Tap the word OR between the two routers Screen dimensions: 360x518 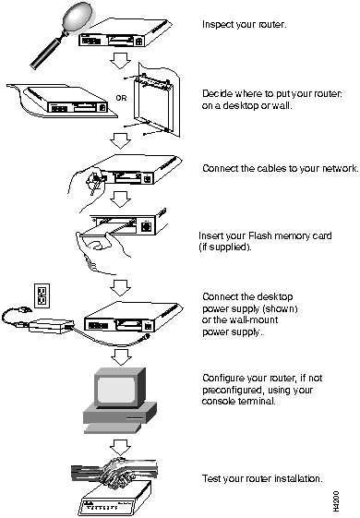[121, 98]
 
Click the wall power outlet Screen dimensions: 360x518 [42, 295]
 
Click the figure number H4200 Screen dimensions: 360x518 [336, 500]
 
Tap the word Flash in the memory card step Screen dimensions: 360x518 [260, 235]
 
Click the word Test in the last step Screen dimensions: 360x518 [211, 478]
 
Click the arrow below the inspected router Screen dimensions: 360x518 [120, 60]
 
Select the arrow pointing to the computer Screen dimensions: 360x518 [121, 356]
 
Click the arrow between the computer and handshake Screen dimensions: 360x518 [121, 447]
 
